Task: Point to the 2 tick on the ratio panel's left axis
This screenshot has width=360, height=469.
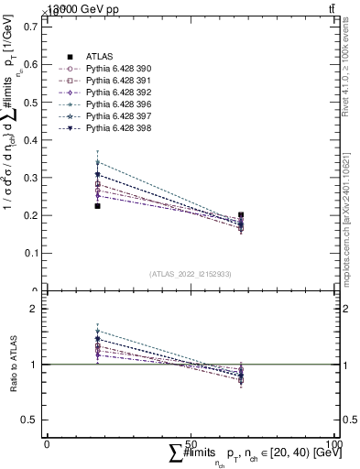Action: pyautogui.click(x=35, y=310)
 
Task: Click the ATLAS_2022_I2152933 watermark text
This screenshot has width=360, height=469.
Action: pyautogui.click(x=190, y=274)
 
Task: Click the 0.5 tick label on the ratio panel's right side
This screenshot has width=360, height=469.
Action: pyautogui.click(x=349, y=420)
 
